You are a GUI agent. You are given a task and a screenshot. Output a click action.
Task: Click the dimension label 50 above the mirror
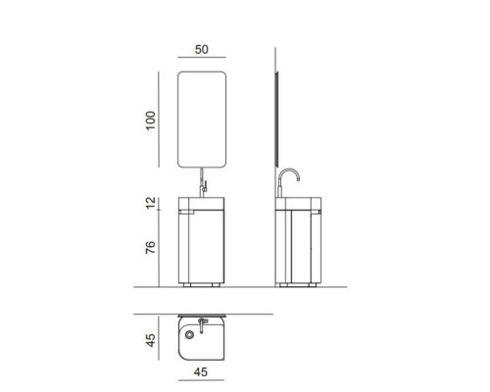coord(201,50)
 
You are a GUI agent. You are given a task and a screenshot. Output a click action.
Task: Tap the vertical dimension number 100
coord(151,121)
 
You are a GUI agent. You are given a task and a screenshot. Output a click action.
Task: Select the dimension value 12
coord(151,203)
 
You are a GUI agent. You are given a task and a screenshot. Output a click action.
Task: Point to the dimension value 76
coord(151,247)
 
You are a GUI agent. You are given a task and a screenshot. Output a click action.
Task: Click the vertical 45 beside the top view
coord(151,340)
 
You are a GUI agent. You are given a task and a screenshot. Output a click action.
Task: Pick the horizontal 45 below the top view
coord(201,372)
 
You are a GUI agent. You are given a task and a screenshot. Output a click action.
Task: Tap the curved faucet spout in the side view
coord(289,173)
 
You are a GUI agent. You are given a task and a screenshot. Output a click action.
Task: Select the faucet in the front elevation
coord(203,183)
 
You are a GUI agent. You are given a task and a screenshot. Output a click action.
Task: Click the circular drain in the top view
coord(189,334)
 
